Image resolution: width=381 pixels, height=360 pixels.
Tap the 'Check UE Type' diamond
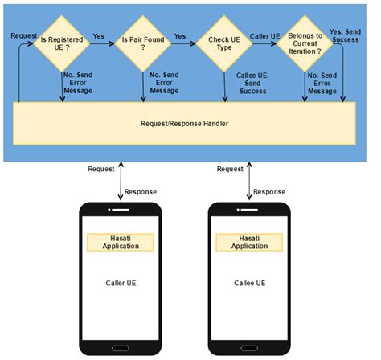pyautogui.click(x=224, y=40)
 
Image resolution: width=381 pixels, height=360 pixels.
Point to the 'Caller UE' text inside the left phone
pyautogui.click(x=121, y=284)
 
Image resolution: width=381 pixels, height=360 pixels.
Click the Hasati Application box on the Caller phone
pyautogui.click(x=121, y=242)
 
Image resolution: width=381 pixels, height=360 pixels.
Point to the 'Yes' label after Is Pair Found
pyautogui.click(x=181, y=35)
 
